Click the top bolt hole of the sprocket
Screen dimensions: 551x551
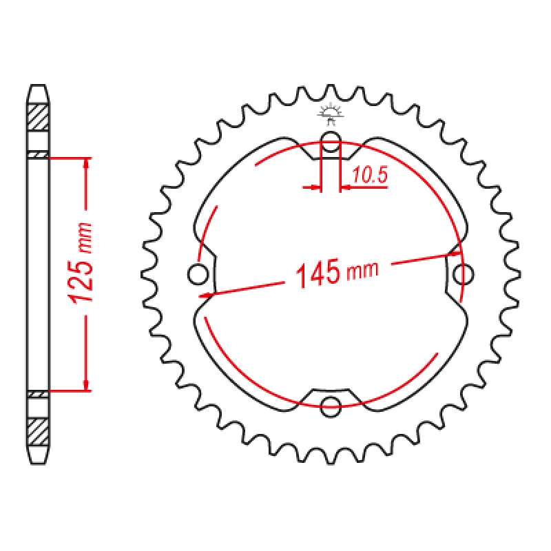point(331,141)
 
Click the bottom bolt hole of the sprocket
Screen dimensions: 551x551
point(331,407)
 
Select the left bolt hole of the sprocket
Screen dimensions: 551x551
point(198,274)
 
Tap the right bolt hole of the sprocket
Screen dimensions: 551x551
point(463,274)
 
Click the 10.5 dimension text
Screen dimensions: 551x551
point(370,175)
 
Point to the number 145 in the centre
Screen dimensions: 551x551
point(318,273)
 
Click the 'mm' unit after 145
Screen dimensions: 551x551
point(362,271)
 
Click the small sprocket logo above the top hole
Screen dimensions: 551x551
point(331,113)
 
